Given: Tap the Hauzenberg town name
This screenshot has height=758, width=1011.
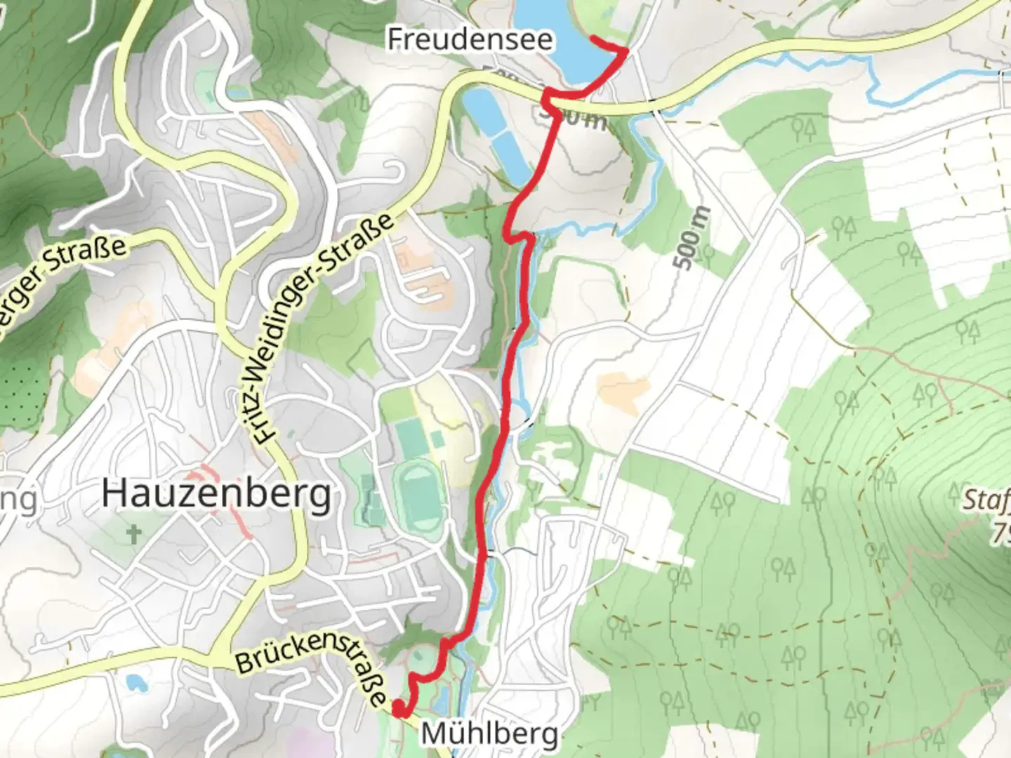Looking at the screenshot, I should tap(216, 495).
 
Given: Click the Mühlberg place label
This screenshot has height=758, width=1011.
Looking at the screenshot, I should tap(489, 734).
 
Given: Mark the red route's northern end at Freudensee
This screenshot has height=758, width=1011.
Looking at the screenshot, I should tap(591, 38).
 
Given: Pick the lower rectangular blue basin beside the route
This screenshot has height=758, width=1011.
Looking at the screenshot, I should tap(511, 156).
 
